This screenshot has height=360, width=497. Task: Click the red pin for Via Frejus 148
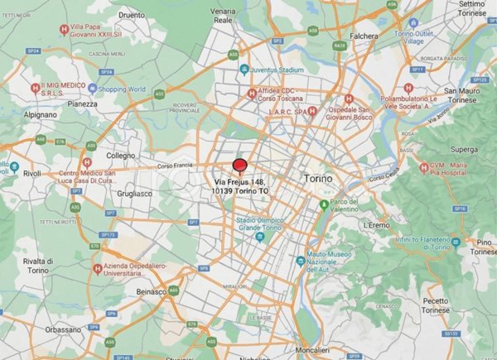tap(240, 165)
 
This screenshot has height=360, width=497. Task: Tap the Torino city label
tap(317, 179)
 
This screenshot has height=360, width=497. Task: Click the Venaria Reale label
tap(222, 15)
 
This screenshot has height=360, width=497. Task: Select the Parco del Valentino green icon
tap(324, 204)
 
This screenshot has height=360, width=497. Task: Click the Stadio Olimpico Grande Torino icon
tap(258, 238)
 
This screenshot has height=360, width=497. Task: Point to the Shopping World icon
tap(94, 89)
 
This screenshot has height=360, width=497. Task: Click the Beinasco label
tap(152, 292)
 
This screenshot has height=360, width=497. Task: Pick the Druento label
tap(132, 14)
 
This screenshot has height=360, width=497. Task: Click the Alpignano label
tap(40, 114)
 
